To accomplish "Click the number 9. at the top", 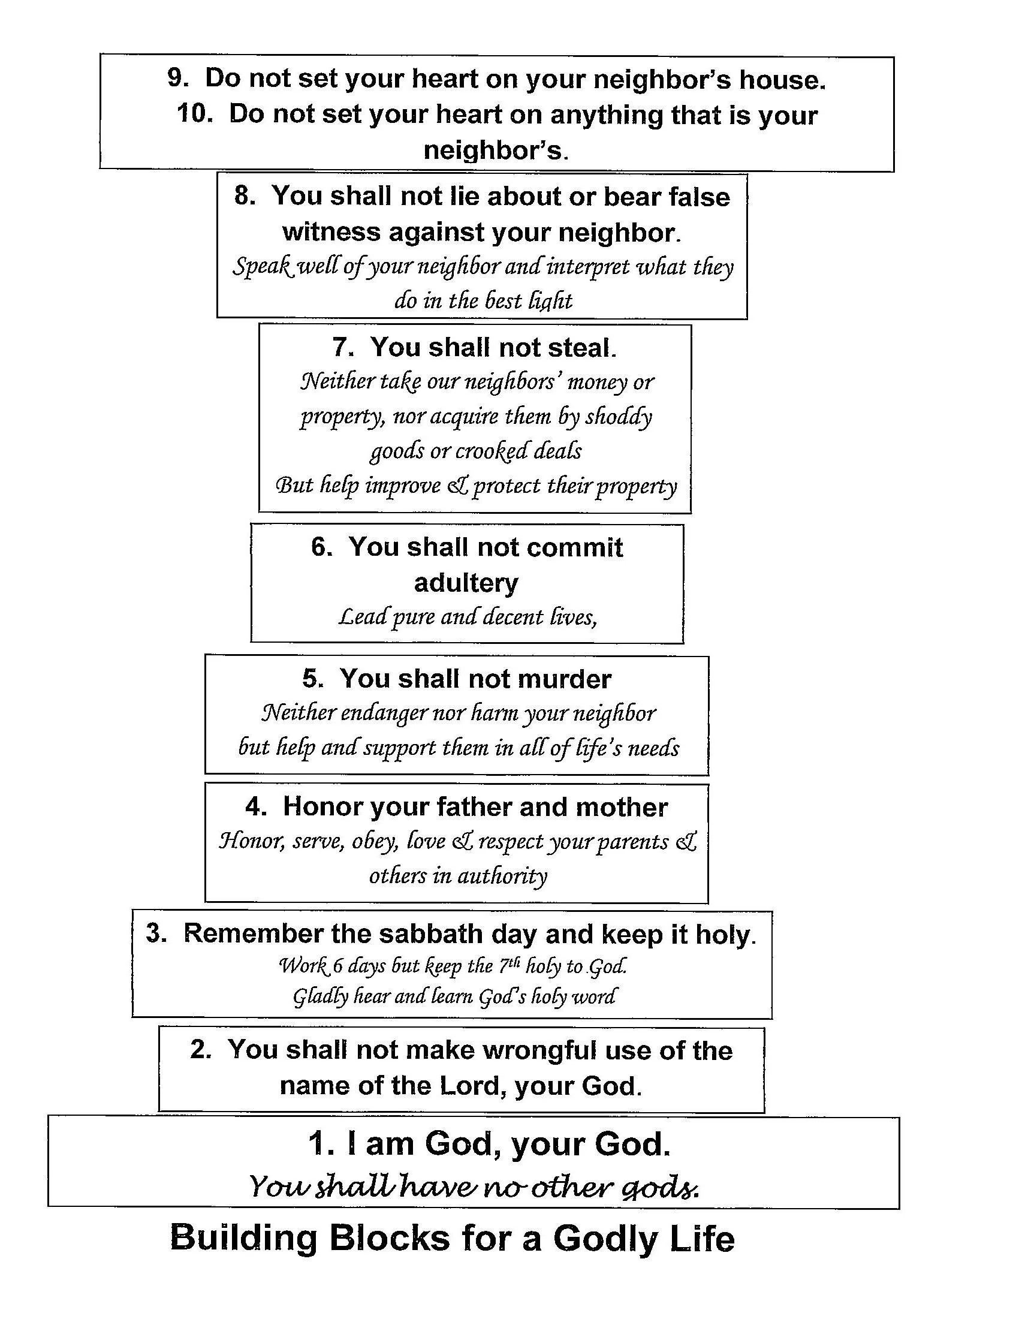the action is [178, 79].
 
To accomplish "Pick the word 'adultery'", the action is [466, 583].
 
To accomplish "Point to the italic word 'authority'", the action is [502, 877].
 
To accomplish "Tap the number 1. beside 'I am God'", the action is [321, 1145].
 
